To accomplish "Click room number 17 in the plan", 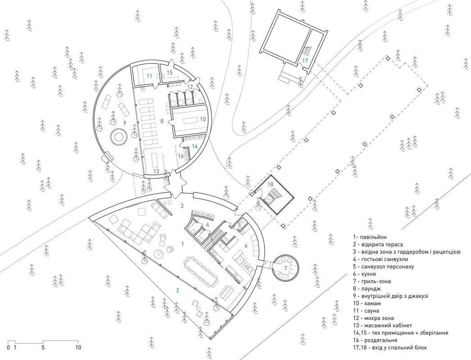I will [x=305, y=60].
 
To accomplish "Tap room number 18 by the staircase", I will [x=271, y=184].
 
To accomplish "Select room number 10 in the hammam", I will [x=203, y=119].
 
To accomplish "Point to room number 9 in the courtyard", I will [x=112, y=122].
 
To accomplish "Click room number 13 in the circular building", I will [x=156, y=171].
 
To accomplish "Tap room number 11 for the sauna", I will [x=149, y=76].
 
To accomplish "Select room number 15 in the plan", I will [x=170, y=72].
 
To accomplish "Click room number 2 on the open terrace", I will [x=177, y=290].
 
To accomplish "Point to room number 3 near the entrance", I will [x=181, y=206].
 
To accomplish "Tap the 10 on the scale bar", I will [x=78, y=347].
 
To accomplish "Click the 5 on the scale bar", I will [x=42, y=347].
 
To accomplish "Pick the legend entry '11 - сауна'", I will [x=371, y=310].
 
